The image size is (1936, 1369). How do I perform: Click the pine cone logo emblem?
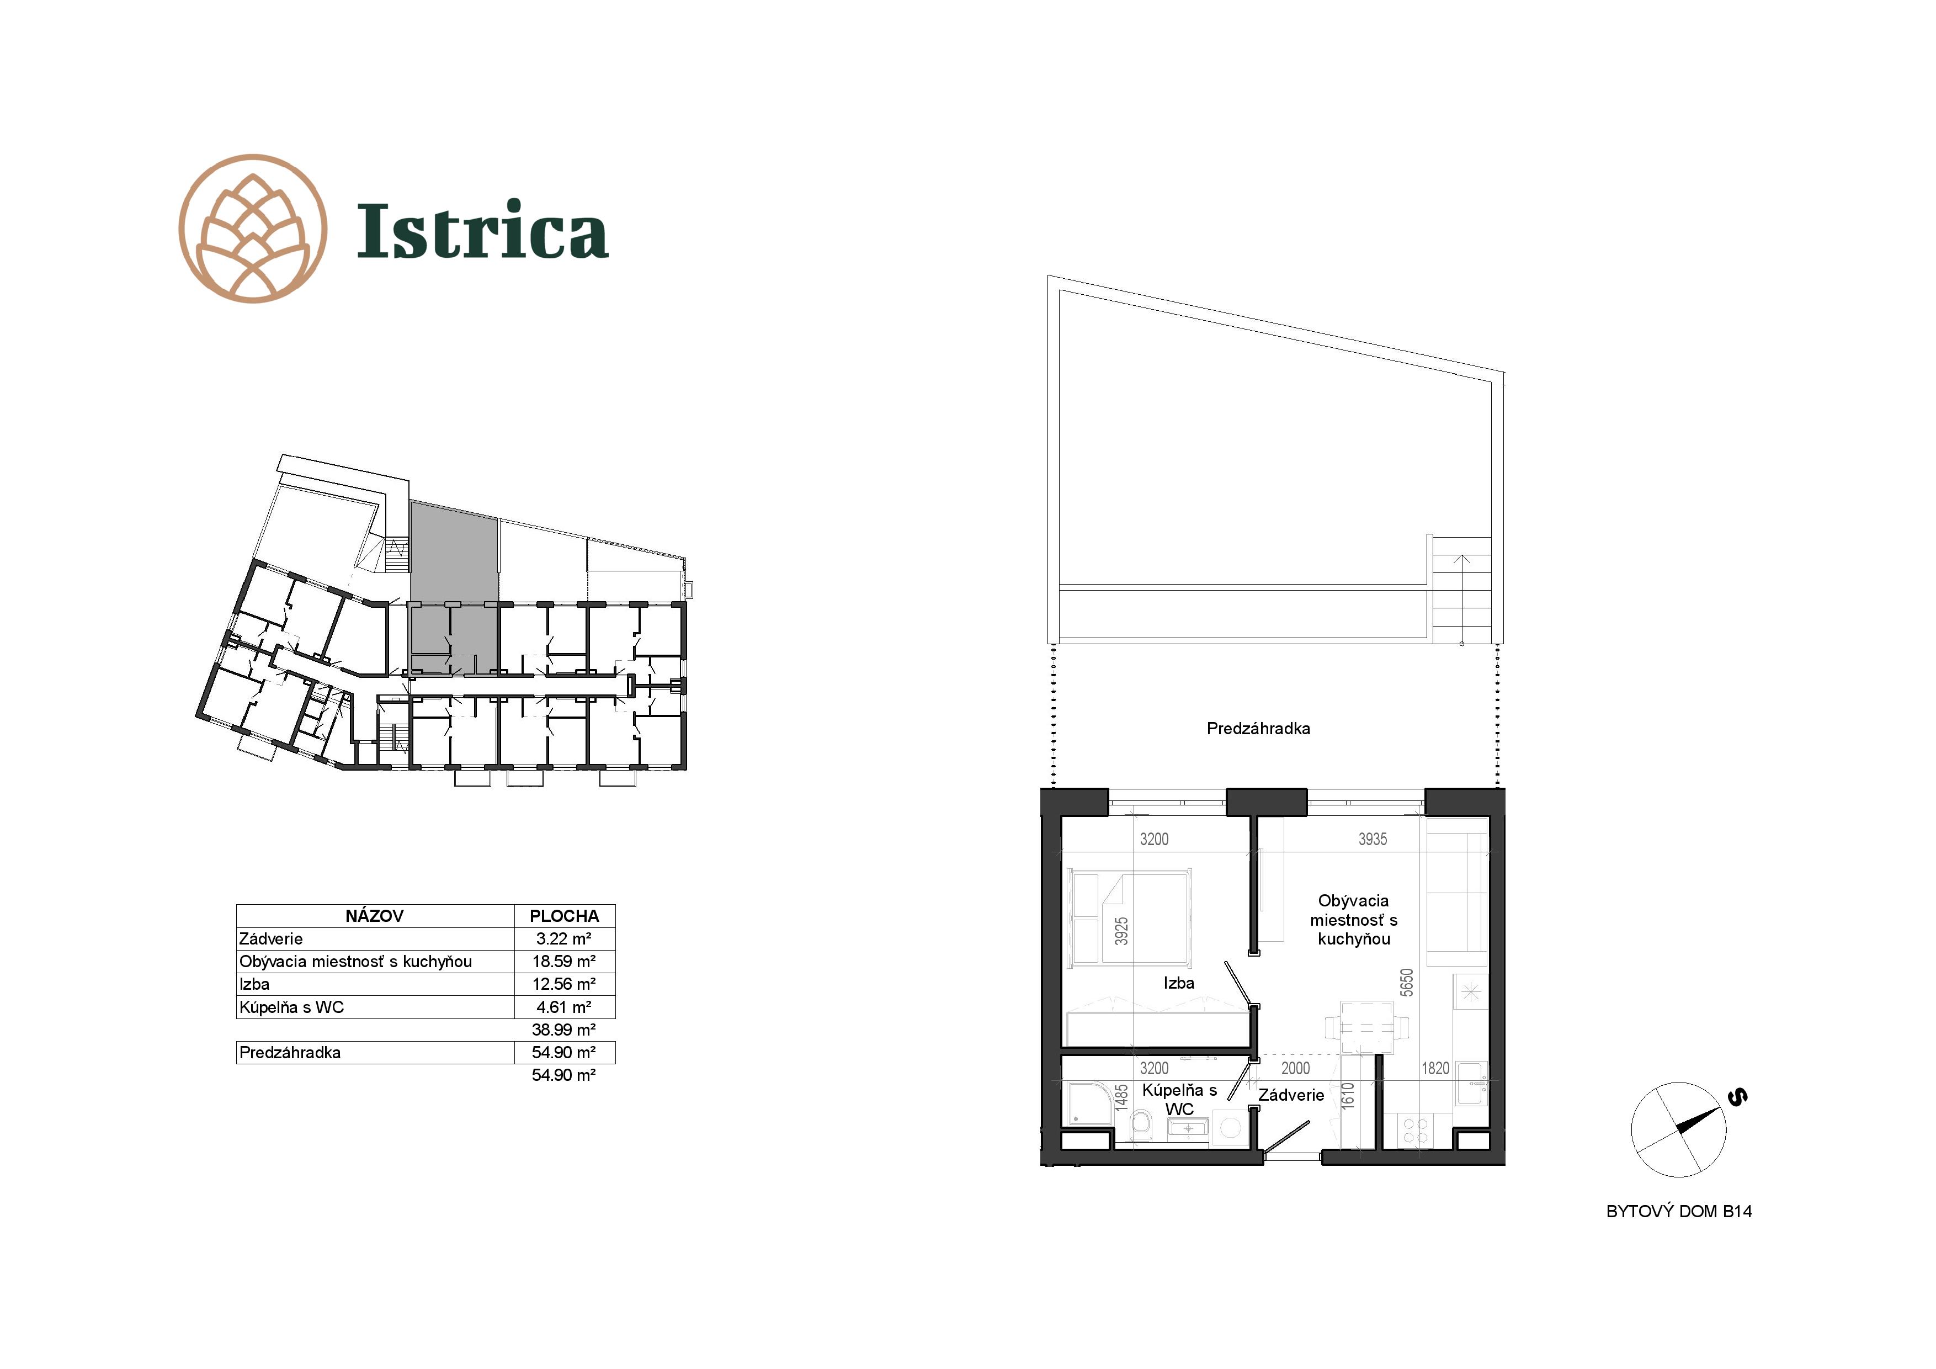pyautogui.click(x=253, y=228)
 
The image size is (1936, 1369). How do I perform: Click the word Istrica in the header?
pyautogui.click(x=482, y=230)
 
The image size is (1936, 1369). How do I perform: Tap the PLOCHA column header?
pyautogui.click(x=564, y=916)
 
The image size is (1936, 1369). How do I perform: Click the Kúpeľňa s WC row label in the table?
pyautogui.click(x=292, y=1007)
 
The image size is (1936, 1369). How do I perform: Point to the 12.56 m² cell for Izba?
pyautogui.click(x=564, y=984)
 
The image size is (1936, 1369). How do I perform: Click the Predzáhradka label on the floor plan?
pyautogui.click(x=1258, y=729)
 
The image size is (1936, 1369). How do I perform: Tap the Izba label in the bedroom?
pyautogui.click(x=1179, y=983)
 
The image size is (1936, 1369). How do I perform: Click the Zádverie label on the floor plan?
pyautogui.click(x=1291, y=1095)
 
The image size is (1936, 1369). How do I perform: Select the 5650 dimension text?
pyautogui.click(x=1406, y=983)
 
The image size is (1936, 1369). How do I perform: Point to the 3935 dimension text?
pyautogui.click(x=1373, y=839)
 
